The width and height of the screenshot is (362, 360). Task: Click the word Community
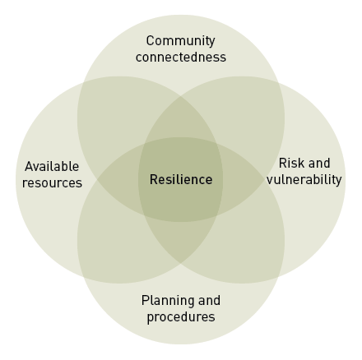180,41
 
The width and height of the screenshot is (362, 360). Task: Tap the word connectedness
181,58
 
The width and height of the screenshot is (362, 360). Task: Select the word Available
52,166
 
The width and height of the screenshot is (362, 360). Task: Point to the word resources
52,183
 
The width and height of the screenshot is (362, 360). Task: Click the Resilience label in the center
181,180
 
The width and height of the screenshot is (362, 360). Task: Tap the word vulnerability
304,180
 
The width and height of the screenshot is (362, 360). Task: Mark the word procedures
181,317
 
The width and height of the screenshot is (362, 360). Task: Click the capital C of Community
150,41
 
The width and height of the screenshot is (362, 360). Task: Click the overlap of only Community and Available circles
115,115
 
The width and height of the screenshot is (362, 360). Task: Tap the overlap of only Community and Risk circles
247,115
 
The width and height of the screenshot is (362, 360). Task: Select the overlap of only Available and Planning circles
115,245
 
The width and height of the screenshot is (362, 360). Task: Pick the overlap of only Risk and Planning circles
247,245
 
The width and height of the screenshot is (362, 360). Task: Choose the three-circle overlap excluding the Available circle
240,179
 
